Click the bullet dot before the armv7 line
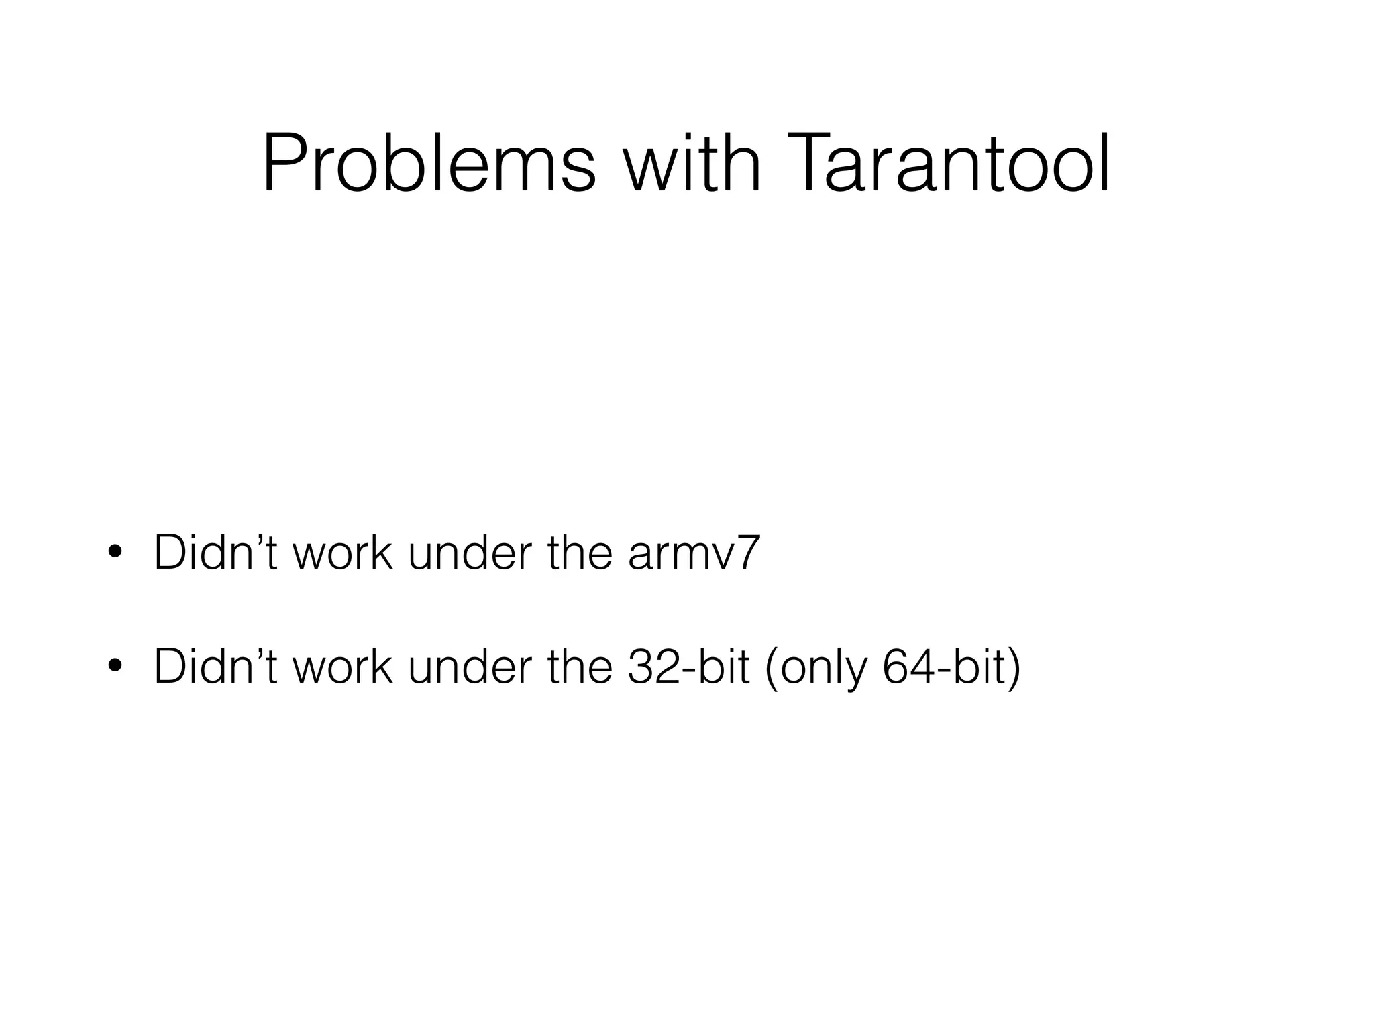click(x=115, y=552)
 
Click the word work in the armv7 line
click(x=342, y=552)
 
